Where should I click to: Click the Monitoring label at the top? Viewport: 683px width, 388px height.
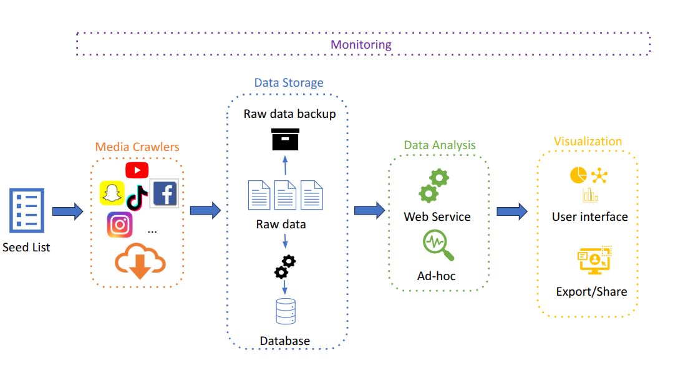point(361,45)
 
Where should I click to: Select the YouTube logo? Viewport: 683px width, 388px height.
point(137,170)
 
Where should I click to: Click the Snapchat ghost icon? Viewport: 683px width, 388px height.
point(112,193)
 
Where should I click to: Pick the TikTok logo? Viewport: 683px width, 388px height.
point(137,197)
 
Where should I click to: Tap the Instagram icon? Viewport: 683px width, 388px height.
point(120,225)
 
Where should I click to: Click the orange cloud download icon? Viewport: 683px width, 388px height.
point(140,262)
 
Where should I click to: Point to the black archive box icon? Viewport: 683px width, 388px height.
point(286,139)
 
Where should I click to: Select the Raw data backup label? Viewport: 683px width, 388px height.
point(290,114)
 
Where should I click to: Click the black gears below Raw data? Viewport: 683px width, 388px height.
point(285,266)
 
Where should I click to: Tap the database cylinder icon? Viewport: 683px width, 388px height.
point(286,311)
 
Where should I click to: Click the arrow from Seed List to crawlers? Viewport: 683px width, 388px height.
point(67,211)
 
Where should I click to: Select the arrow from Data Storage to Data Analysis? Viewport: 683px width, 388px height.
point(370,210)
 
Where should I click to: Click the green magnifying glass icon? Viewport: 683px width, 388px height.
point(438,245)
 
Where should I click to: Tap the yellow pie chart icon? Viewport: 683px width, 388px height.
point(578,175)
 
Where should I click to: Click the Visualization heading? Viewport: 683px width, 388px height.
point(588,142)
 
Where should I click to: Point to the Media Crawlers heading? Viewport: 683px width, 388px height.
point(137,147)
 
